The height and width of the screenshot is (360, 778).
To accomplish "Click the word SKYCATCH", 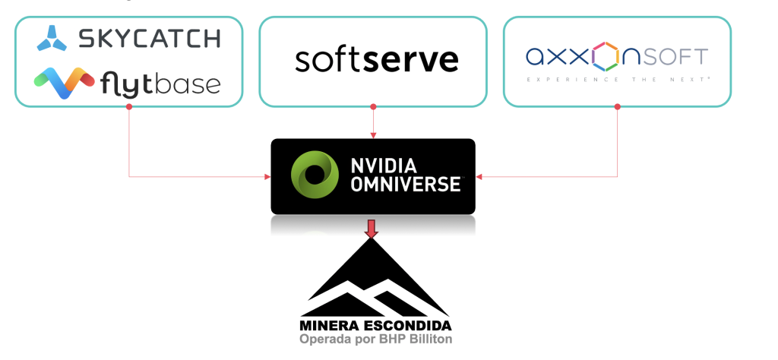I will [150, 38].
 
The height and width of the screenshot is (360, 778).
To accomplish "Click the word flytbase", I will [160, 83].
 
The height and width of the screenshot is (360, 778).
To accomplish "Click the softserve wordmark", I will [376, 58].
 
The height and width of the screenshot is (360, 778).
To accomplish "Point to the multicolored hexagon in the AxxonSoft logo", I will [606, 55].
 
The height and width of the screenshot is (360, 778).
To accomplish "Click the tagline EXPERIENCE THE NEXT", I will [618, 79].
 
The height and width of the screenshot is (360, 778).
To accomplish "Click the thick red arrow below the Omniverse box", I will [372, 228].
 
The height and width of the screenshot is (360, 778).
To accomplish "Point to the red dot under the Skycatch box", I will [129, 106].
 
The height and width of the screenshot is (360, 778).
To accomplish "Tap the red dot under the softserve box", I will [372, 106].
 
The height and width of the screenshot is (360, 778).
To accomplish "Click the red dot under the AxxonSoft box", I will [618, 106].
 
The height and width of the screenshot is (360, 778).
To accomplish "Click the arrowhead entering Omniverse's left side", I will [267, 177].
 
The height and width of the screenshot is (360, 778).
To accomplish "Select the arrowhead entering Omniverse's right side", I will [480, 177].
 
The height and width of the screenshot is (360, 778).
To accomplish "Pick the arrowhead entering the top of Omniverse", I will [372, 135].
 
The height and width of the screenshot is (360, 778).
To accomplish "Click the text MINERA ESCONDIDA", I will [375, 327].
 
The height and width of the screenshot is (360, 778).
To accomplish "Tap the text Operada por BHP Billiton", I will [375, 339].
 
